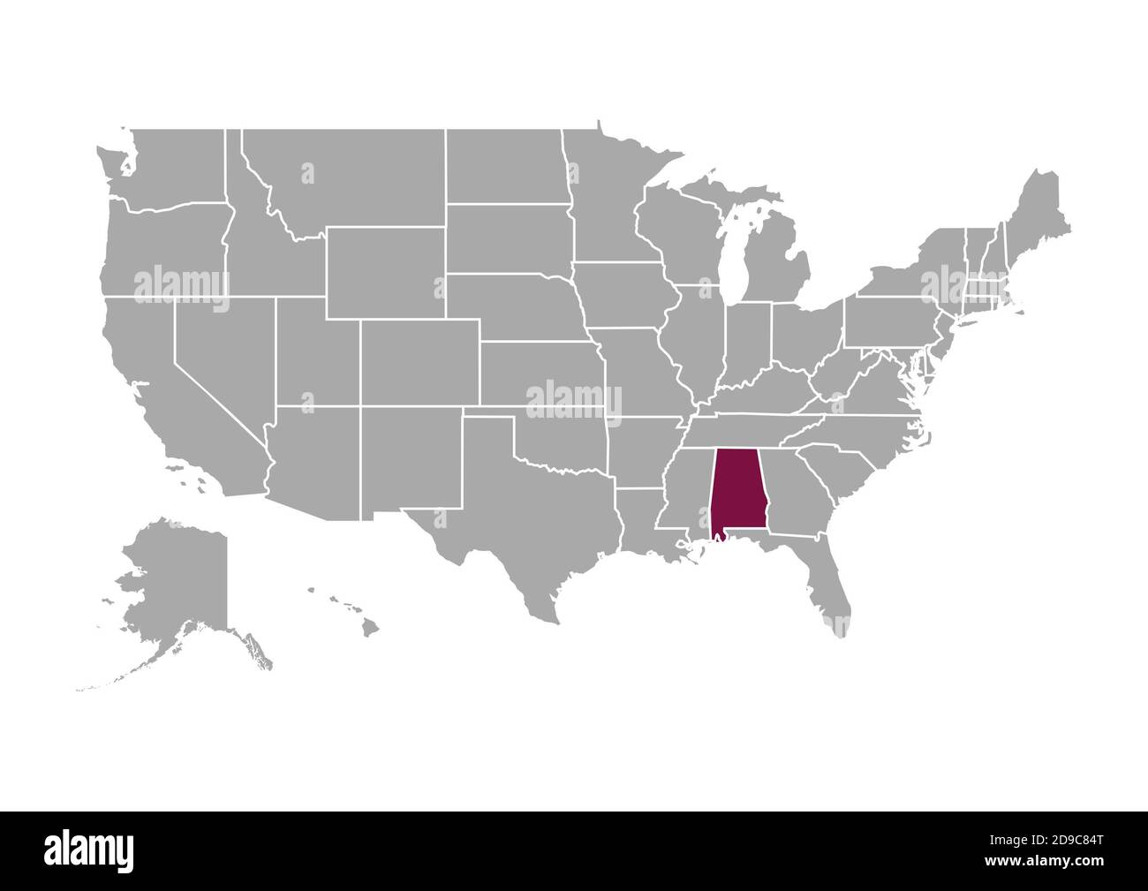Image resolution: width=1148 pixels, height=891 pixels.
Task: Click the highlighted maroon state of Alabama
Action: (736, 490)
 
